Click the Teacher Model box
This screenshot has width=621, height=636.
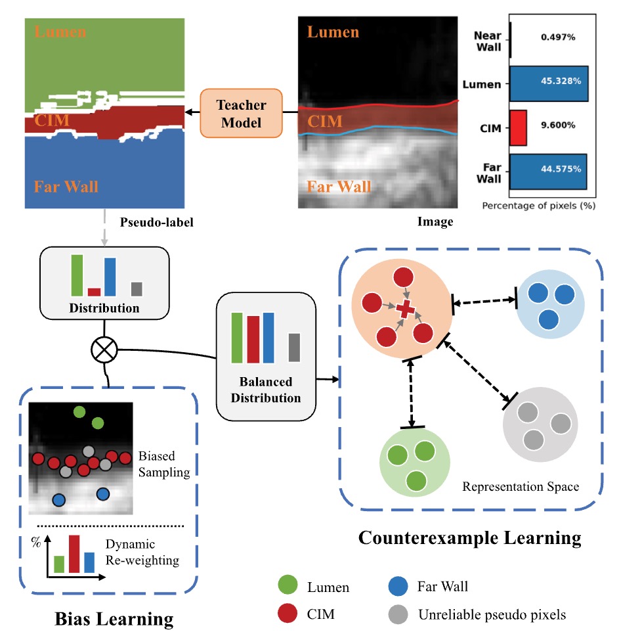[241, 113]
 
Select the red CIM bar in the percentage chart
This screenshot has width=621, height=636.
[518, 127]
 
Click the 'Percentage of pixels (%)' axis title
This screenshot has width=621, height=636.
[538, 206]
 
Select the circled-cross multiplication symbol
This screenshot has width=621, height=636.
[102, 350]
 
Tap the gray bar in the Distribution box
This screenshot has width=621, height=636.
[136, 289]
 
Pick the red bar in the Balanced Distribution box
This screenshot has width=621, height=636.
[253, 339]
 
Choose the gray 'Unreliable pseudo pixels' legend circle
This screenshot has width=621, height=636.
[396, 615]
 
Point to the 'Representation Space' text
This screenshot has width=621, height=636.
[521, 487]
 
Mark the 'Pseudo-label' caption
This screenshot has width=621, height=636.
[158, 222]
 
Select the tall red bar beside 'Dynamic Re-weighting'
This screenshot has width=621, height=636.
[74, 554]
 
